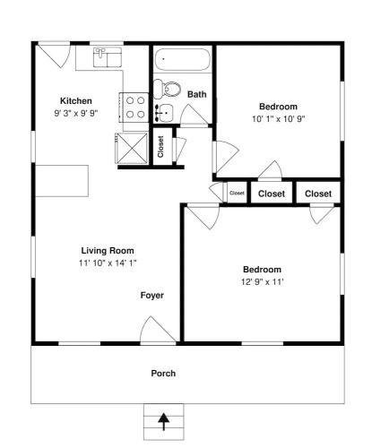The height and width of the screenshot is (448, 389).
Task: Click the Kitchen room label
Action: pyautogui.click(x=76, y=101)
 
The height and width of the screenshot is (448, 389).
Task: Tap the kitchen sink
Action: pyautogui.click(x=108, y=57)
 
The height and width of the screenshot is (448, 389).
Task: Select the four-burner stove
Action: pyautogui.click(x=134, y=108)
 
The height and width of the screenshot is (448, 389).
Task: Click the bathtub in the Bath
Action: pyautogui.click(x=182, y=59)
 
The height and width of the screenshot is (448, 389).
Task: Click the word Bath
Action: pyautogui.click(x=197, y=94)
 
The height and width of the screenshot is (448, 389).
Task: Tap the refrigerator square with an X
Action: pyautogui.click(x=131, y=149)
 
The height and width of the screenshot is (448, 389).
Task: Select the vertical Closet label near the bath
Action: pyautogui.click(x=160, y=147)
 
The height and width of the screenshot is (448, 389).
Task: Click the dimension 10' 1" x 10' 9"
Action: pyautogui.click(x=278, y=119)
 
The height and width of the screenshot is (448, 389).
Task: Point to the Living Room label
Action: pyautogui.click(x=108, y=251)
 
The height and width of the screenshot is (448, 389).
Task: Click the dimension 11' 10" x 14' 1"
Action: pyautogui.click(x=108, y=263)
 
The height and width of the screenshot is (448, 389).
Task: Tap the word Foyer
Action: pyautogui.click(x=152, y=296)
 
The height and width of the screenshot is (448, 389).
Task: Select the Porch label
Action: pyautogui.click(x=163, y=374)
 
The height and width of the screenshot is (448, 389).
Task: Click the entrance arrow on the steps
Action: pyautogui.click(x=164, y=421)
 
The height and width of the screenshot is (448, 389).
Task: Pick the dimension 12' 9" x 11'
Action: pyautogui.click(x=262, y=282)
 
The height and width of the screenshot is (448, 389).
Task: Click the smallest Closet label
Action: pyautogui.click(x=237, y=194)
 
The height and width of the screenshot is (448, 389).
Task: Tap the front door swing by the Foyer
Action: pyautogui.click(x=158, y=329)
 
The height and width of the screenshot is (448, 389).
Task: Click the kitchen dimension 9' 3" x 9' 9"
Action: pyautogui.click(x=76, y=114)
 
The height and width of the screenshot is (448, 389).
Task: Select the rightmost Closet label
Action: pyautogui.click(x=318, y=194)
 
